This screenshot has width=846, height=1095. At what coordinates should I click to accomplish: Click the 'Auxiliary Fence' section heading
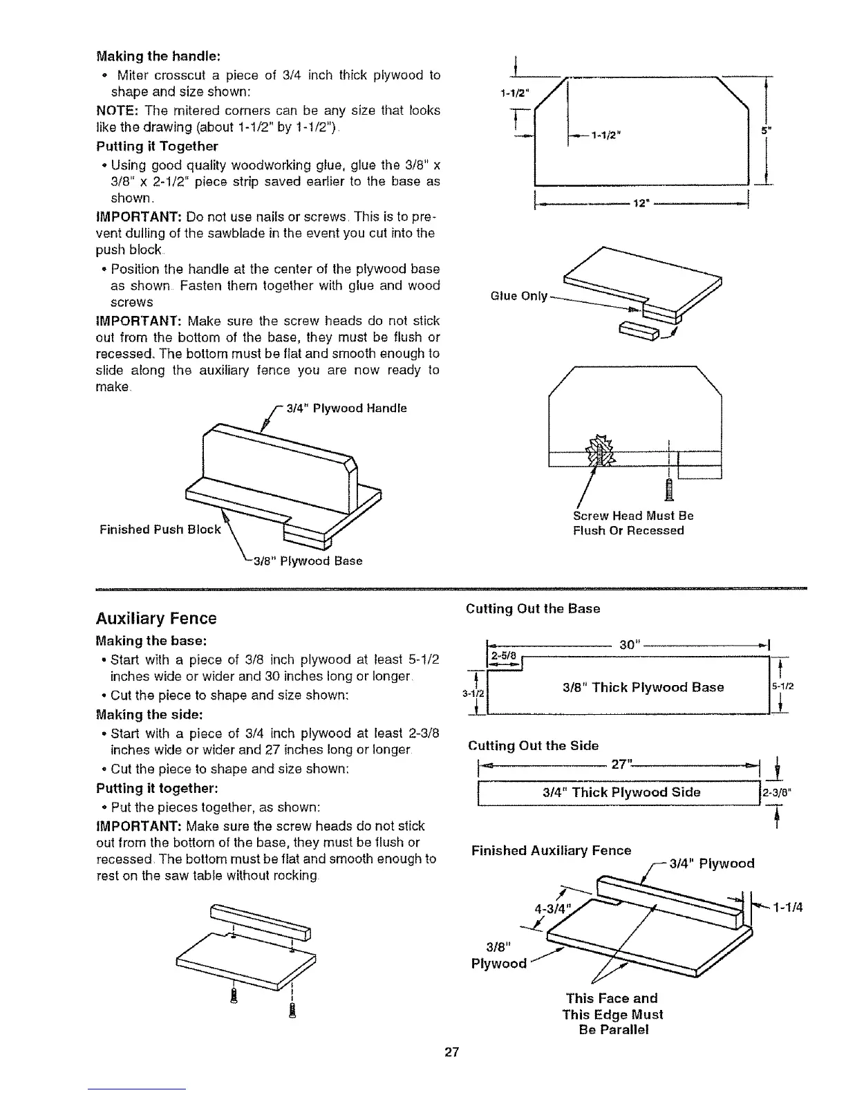point(157,618)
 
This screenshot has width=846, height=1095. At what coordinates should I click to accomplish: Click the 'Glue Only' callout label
point(518,297)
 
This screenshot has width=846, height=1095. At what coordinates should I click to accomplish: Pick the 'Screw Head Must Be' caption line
point(633,516)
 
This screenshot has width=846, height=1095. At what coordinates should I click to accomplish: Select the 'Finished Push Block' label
point(160,530)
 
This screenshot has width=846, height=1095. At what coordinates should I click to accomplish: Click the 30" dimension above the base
point(628,644)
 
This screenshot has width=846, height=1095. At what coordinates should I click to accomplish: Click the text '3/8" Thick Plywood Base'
point(643,687)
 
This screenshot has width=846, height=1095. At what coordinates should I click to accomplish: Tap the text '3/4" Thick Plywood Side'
point(621,792)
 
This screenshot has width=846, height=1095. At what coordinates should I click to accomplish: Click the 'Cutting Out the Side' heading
point(533,745)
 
